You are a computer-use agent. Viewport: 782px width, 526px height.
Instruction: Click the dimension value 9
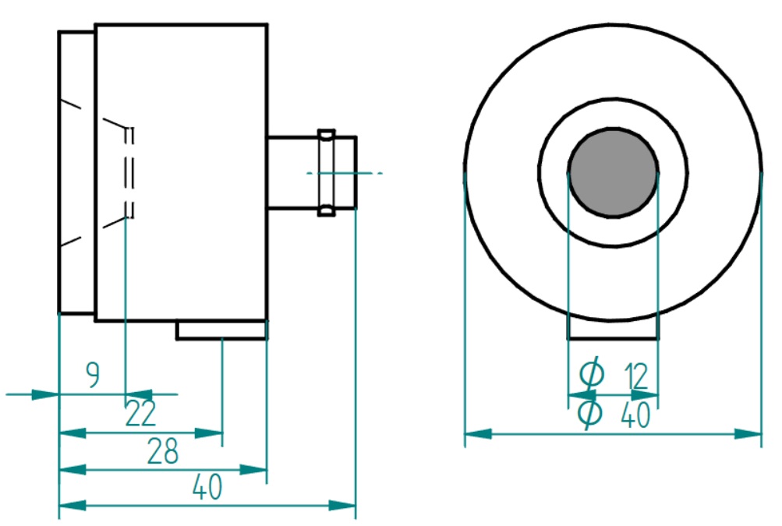[93, 376]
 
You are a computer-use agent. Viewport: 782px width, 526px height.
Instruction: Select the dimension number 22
[141, 414]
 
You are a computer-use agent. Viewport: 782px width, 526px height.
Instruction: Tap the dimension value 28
[162, 451]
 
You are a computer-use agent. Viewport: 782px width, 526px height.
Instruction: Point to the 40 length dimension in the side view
[207, 488]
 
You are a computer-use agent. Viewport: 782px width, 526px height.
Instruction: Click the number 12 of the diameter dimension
[636, 376]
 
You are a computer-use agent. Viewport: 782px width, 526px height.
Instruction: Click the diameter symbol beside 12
[593, 375]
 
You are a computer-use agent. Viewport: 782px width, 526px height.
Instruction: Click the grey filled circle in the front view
[614, 171]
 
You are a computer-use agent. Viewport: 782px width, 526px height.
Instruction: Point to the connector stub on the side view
[292, 172]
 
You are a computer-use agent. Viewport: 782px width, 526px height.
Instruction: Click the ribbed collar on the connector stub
[327, 172]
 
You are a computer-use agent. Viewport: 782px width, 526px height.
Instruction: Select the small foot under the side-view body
[221, 330]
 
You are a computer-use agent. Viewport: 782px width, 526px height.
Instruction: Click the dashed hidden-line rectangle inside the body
[129, 172]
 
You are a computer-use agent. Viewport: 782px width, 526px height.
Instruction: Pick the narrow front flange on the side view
[77, 172]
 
